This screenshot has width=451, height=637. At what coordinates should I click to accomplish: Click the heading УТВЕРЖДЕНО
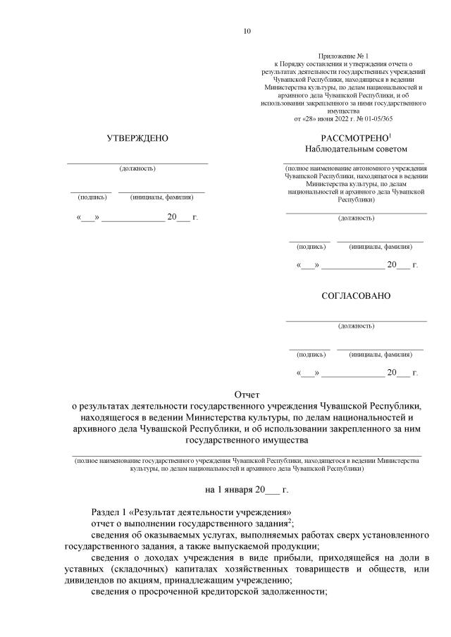click(x=137, y=138)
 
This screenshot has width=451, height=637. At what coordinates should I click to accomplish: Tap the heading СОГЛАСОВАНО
click(x=356, y=296)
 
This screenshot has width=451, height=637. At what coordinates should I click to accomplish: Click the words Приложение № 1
click(x=343, y=56)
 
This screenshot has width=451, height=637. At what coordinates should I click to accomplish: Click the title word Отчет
click(x=247, y=395)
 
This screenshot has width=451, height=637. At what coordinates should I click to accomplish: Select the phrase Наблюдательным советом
click(x=356, y=149)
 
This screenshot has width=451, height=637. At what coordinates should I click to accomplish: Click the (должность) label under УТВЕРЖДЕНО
click(x=137, y=168)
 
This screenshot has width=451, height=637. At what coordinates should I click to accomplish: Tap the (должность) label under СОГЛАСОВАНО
click(x=356, y=326)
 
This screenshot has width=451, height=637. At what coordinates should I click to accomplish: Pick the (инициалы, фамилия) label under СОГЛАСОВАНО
click(x=381, y=354)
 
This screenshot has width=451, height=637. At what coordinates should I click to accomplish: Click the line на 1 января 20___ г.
click(x=247, y=488)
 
